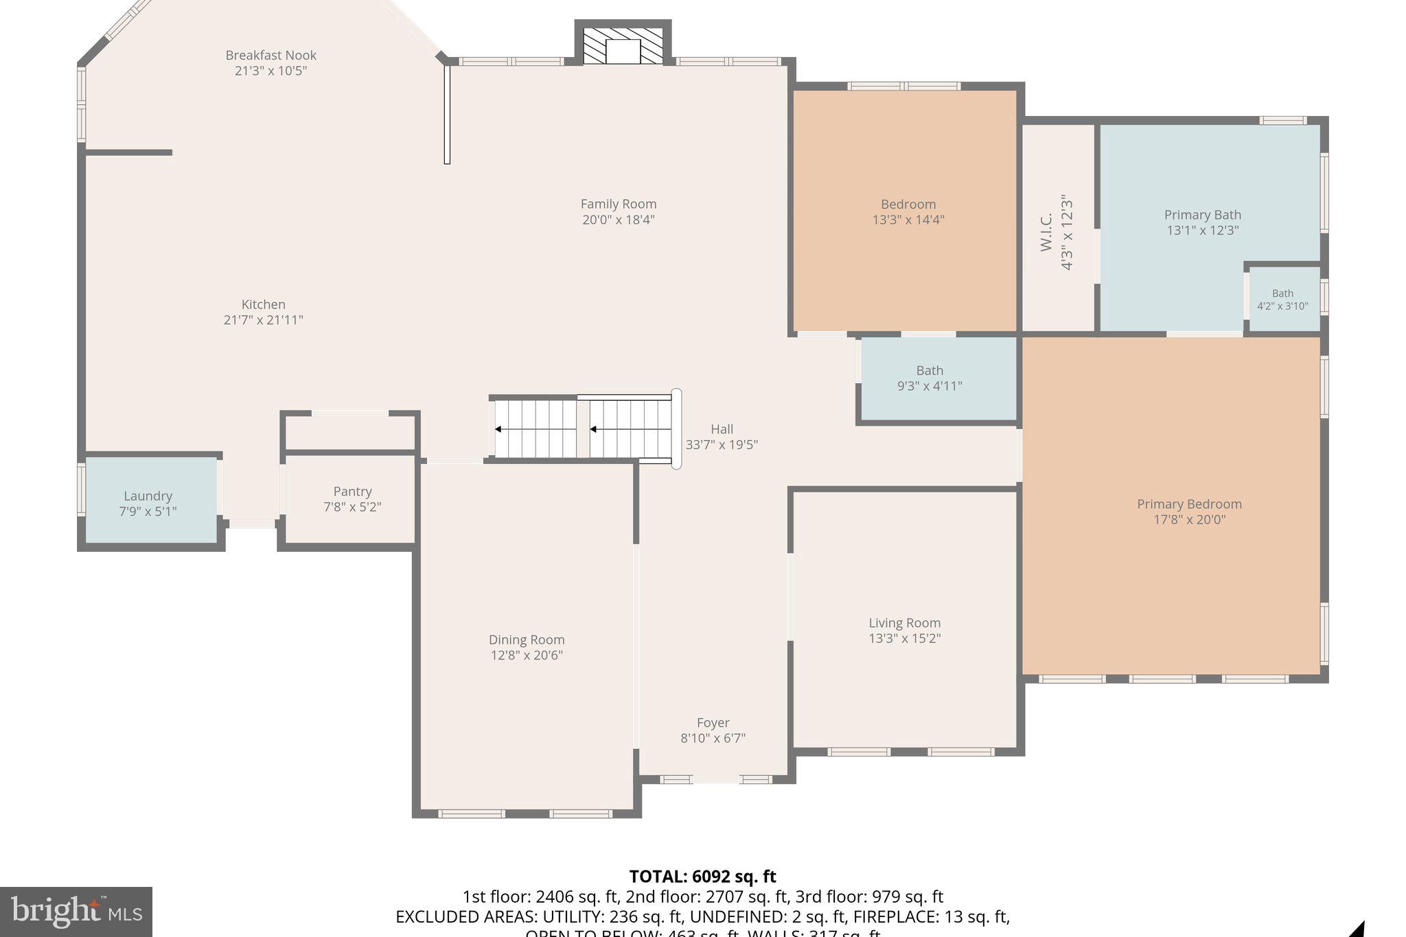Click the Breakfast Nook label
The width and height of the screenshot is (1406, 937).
point(270,55)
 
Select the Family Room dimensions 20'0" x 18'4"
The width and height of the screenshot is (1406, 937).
point(618,220)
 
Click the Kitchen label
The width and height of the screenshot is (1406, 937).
point(263,304)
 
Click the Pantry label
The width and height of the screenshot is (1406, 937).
point(352,491)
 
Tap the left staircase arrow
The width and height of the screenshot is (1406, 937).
point(498,430)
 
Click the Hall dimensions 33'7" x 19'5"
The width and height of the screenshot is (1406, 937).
point(722,444)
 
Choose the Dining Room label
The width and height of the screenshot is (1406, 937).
point(527,640)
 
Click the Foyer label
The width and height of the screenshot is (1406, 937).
point(713,723)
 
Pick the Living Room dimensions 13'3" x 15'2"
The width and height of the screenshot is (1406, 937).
point(904,638)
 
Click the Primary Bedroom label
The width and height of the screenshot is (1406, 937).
point(1189,504)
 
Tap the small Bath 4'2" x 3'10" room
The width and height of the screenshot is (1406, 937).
point(1282,300)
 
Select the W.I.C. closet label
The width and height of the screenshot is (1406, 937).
point(1046,233)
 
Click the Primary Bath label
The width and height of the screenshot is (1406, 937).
point(1202,215)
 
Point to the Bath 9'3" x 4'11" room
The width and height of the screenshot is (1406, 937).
point(930,378)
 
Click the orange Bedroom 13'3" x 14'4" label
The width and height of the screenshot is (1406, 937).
point(908,205)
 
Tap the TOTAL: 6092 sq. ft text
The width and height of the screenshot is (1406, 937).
point(702,877)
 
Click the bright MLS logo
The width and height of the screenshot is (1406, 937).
point(76,912)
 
